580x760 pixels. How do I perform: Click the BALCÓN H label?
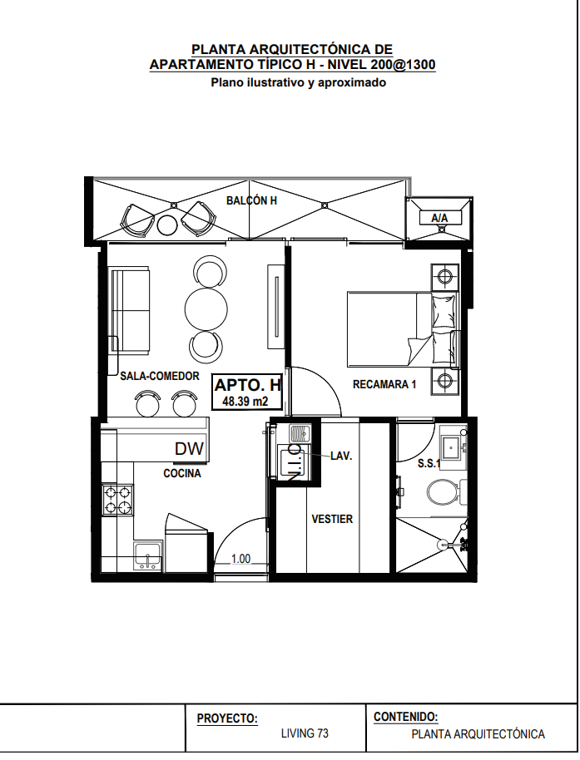click(251, 200)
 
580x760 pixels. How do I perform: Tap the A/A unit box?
click(439, 218)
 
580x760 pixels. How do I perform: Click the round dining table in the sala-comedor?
click(206, 308)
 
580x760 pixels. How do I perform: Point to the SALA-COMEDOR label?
click(160, 376)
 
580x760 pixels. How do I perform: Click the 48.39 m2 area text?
click(245, 401)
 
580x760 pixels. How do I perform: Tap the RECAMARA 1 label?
click(384, 384)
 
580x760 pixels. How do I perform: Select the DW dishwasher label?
click(189, 449)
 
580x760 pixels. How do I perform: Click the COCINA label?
click(182, 473)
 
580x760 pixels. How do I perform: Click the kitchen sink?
click(148, 556)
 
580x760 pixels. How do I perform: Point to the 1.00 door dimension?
click(241, 559)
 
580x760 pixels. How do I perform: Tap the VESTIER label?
click(332, 519)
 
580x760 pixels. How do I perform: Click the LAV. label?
click(341, 456)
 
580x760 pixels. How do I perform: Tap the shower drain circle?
click(442, 545)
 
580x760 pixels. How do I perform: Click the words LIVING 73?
click(305, 733)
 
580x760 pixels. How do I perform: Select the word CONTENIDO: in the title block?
click(406, 717)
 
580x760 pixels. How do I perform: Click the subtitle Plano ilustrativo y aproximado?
click(298, 82)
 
